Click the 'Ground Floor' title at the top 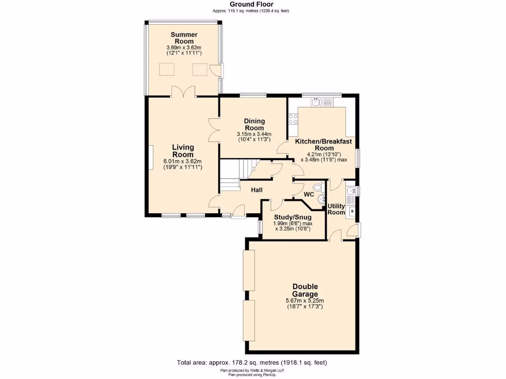click(x=252, y=4)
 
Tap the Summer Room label click(x=184, y=38)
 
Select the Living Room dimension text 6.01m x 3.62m click(x=182, y=161)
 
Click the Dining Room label click(x=254, y=124)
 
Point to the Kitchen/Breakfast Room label click(x=323, y=145)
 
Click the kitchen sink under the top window click(x=317, y=102)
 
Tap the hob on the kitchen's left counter click(x=293, y=118)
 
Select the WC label click(x=309, y=194)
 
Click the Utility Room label click(x=337, y=209)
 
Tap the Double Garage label click(x=305, y=290)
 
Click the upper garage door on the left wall click(x=248, y=270)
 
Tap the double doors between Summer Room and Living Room click(x=183, y=91)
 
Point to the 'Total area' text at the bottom click(x=252, y=363)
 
